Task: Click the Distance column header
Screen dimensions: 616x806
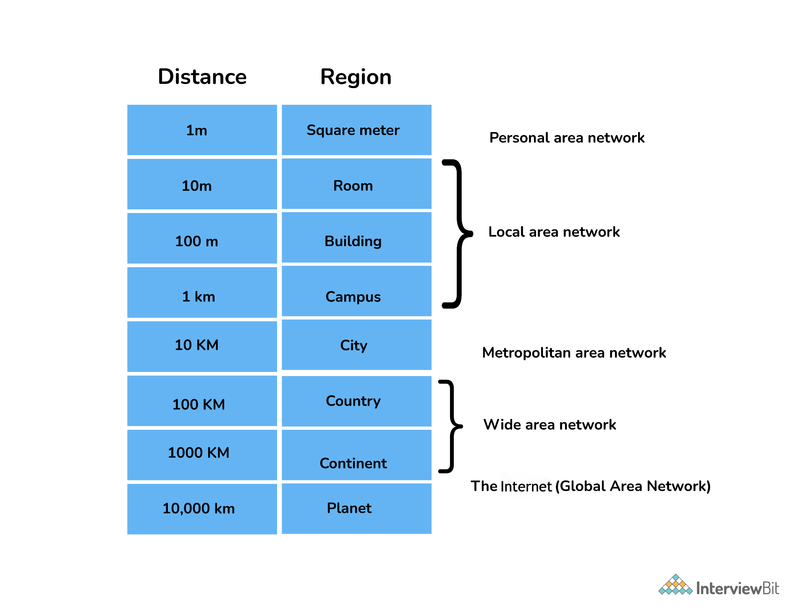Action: tap(202, 77)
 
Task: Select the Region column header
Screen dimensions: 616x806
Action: tap(356, 77)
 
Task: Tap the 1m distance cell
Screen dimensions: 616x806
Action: tap(202, 130)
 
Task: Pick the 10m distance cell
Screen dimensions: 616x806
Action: tap(202, 185)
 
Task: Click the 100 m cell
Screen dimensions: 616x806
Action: tap(202, 239)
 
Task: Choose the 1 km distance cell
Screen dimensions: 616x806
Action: tap(202, 294)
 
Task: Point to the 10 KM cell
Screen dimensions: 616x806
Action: tap(202, 346)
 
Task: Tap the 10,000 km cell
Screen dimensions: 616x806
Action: tap(202, 509)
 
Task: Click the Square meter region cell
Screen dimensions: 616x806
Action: tap(356, 130)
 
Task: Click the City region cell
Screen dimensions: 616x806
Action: tap(356, 345)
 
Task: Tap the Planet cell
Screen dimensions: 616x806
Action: tap(356, 508)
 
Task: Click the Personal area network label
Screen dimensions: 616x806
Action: tap(567, 138)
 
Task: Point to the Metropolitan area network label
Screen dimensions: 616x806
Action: tap(574, 353)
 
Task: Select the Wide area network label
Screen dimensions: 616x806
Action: tap(550, 424)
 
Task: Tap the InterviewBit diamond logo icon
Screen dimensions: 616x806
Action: tap(675, 585)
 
